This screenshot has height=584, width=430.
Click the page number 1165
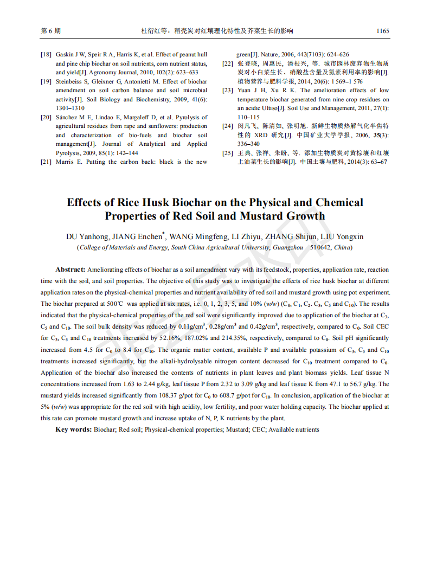coord(382,31)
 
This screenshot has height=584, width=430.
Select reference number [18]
coord(46,55)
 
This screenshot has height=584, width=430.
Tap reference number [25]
coord(228,153)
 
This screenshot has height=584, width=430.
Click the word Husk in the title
coord(151,203)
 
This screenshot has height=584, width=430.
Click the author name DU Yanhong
coord(87,236)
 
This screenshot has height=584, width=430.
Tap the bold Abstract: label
coord(70,269)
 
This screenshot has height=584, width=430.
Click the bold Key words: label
coord(73,429)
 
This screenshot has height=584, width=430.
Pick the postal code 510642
coord(320,247)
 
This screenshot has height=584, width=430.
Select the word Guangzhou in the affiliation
coord(287,247)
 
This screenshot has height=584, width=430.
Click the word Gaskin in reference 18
coord(66,55)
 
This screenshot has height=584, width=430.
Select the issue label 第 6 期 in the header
coord(51,31)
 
